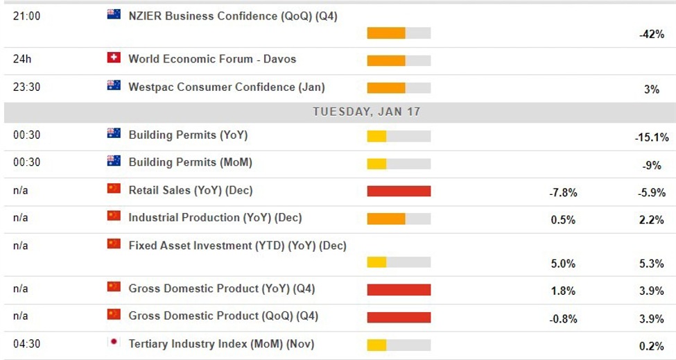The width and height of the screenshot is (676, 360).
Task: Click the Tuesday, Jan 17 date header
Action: click(x=366, y=111)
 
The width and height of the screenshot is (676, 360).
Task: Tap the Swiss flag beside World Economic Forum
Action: click(x=114, y=58)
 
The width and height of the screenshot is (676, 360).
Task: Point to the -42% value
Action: click(x=651, y=34)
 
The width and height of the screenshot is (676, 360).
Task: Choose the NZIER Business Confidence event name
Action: click(x=232, y=16)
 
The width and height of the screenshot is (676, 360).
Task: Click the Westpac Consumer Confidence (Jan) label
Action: click(x=226, y=87)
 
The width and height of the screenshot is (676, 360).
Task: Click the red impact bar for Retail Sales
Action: click(x=399, y=191)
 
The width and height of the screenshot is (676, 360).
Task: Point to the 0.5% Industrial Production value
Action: click(x=564, y=221)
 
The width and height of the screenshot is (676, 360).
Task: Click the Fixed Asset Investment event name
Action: click(x=237, y=246)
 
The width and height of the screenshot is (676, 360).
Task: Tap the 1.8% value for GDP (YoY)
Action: click(x=564, y=291)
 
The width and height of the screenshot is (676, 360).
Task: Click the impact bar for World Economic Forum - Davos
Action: click(x=399, y=60)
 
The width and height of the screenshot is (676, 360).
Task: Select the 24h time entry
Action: click(x=21, y=59)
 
